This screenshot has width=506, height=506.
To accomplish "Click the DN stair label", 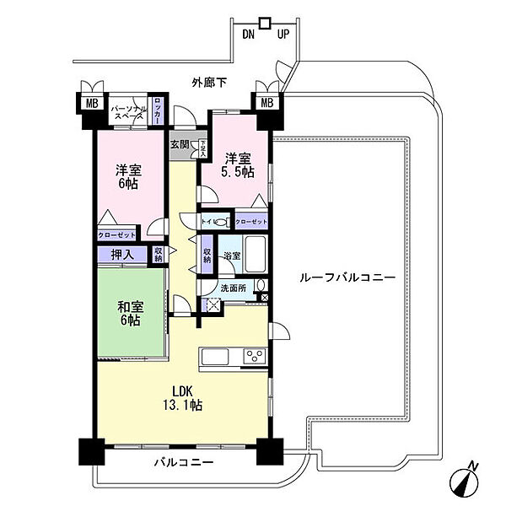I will click(x=248, y=35).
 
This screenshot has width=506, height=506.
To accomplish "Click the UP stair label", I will click(x=283, y=35).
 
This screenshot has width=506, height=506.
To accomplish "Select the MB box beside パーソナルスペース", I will click(x=89, y=104).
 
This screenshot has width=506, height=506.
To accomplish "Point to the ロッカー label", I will click(x=157, y=113).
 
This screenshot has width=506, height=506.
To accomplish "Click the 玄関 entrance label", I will click(x=180, y=144).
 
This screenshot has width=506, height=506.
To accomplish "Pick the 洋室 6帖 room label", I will click(x=128, y=178).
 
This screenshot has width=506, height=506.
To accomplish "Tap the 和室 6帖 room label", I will click(x=129, y=313).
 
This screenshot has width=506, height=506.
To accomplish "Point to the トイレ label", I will click(x=207, y=222).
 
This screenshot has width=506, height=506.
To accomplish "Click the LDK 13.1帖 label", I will click(x=186, y=397).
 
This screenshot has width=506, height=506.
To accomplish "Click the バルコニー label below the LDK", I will click(x=183, y=463).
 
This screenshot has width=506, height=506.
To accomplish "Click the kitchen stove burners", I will click(x=251, y=356).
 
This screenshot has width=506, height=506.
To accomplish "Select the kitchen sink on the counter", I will click(x=216, y=357).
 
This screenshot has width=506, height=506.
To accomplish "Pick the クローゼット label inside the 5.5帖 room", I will click(x=250, y=222).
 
